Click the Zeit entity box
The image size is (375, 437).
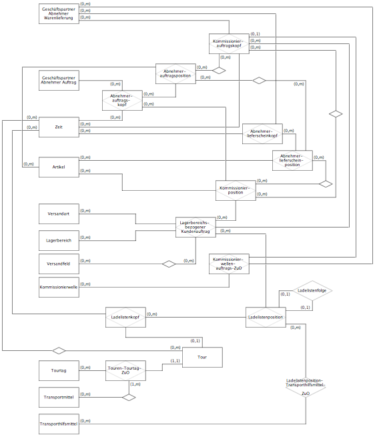click(x=59, y=127)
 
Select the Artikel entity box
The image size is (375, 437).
click(x=59, y=167)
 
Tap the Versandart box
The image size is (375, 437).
click(x=59, y=213)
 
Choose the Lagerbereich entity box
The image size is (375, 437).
click(x=59, y=241)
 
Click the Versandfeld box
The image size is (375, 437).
click(x=59, y=264)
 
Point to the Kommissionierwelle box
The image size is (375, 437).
click(x=59, y=287)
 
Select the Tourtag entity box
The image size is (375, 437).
click(x=59, y=371)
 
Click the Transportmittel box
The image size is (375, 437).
click(x=59, y=398)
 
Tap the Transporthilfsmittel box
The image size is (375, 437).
click(x=59, y=424)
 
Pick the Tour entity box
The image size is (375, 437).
click(x=202, y=358)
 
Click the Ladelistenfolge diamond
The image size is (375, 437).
click(x=312, y=290)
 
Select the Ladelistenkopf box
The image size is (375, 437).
click(x=125, y=317)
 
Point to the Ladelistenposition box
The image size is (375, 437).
click(x=266, y=317)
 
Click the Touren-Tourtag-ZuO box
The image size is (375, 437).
click(x=125, y=371)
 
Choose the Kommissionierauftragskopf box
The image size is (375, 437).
click(x=229, y=44)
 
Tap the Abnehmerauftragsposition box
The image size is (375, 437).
click(x=175, y=73)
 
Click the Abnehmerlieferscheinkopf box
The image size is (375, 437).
click(x=262, y=134)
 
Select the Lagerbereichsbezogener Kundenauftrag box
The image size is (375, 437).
click(x=196, y=227)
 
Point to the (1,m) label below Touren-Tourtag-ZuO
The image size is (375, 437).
click(x=135, y=384)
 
